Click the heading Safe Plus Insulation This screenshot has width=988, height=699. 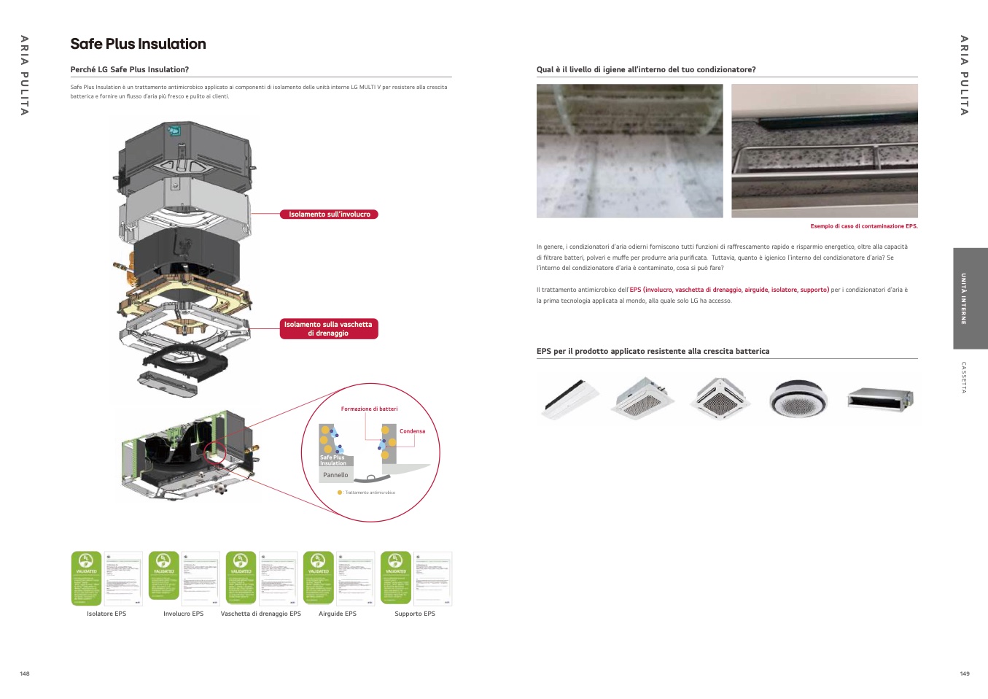click(x=138, y=44)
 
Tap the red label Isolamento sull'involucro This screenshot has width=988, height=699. click(x=329, y=215)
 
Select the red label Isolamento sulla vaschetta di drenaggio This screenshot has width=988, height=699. click(x=329, y=329)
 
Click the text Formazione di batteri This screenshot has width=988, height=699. click(x=369, y=409)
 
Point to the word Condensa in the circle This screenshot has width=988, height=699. click(x=412, y=431)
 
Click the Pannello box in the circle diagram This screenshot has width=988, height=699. click(x=335, y=475)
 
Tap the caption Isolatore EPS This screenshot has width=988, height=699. click(x=106, y=614)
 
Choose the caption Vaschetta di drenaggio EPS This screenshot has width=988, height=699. click(x=260, y=614)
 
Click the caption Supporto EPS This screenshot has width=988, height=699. click(x=415, y=614)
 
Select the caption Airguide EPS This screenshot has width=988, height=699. click(x=338, y=614)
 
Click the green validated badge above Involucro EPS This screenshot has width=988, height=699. click(x=163, y=577)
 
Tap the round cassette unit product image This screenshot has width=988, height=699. click(x=798, y=398)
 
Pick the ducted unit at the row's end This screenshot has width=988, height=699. click(x=879, y=399)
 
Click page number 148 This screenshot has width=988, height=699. click(x=25, y=673)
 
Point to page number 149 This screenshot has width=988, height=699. click(x=965, y=673)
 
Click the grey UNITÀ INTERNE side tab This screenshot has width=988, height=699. click(x=970, y=298)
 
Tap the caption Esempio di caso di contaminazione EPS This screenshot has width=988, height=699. click(x=863, y=226)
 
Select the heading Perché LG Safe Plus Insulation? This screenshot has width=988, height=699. click(x=130, y=70)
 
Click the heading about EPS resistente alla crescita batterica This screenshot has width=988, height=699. click(x=653, y=352)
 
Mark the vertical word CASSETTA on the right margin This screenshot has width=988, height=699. click(x=964, y=377)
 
